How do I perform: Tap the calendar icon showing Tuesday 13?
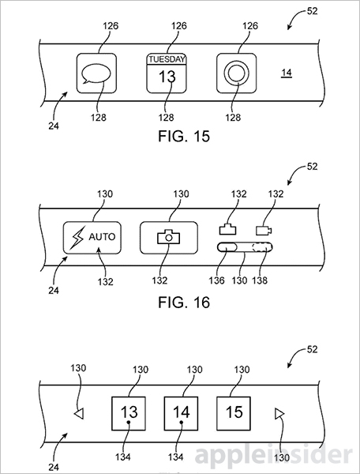click(x=167, y=74)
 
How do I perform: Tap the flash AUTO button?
click(x=93, y=236)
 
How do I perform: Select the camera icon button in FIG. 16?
click(x=167, y=236)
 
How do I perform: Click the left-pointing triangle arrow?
click(x=77, y=412)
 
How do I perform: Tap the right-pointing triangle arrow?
click(x=278, y=412)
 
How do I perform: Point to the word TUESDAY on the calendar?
click(x=167, y=58)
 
